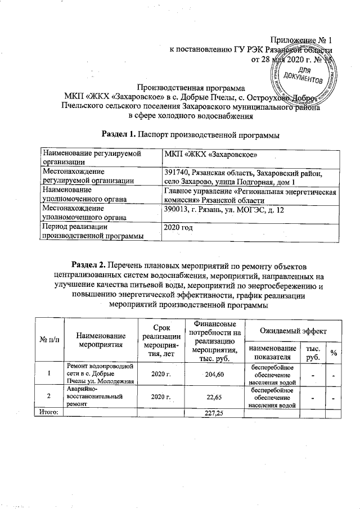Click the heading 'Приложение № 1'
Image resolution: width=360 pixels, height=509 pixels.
point(302,40)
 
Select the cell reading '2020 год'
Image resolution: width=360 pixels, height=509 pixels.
point(178,228)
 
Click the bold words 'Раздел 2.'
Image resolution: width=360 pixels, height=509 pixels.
point(88,264)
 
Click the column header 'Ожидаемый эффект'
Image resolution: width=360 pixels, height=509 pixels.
point(293,328)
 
